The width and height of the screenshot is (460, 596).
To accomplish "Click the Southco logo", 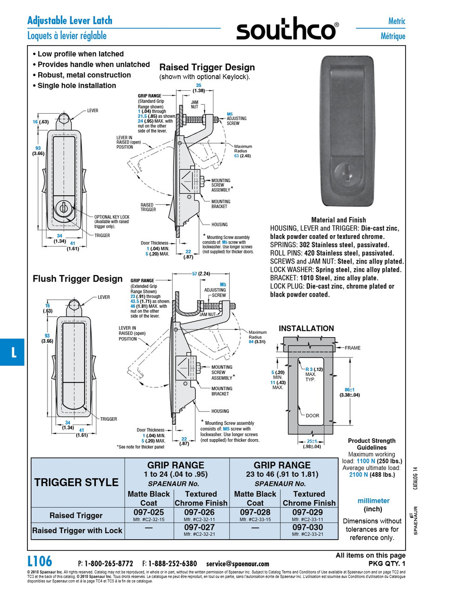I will click(287, 30).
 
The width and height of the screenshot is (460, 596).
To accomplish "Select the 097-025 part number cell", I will click(149, 512).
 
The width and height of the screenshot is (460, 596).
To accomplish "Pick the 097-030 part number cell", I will click(307, 528).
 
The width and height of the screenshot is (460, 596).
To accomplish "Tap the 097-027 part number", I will click(199, 528).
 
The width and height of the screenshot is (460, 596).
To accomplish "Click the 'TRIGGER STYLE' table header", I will click(77, 482).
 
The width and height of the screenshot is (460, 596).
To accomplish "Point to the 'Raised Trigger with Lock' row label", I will click(77, 530).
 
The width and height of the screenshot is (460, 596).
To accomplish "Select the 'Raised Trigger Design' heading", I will click(207, 67).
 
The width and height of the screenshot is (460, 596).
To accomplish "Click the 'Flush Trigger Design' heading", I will click(78, 278).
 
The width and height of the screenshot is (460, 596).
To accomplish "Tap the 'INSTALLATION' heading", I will click(306, 328).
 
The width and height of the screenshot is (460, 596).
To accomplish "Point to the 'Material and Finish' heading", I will click(338, 220).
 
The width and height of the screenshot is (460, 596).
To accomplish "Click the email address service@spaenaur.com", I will click(238, 563).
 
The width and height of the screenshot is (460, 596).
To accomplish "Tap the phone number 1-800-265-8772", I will click(108, 563).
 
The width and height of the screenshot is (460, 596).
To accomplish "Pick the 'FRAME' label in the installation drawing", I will click(352, 348).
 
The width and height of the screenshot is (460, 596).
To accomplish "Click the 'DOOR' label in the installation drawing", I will click(313, 415).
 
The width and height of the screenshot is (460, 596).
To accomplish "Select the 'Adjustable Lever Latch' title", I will click(70, 20).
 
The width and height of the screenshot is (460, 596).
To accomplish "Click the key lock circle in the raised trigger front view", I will click(63, 208).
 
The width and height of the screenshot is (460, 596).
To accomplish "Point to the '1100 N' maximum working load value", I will click(366, 461).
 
